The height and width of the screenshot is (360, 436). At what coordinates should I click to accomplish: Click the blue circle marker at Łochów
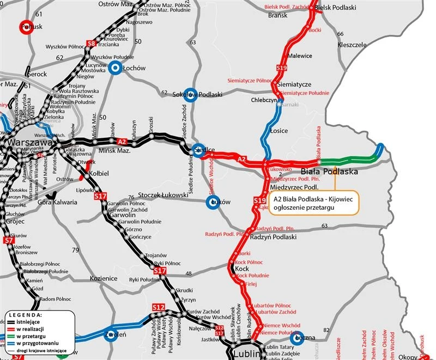tap(114, 68)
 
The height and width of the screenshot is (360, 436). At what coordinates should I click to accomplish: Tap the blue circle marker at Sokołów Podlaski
tap(189, 94)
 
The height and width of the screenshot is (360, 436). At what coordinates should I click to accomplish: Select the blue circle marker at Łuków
tap(213, 203)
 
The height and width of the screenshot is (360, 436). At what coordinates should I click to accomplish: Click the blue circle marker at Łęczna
tap(298, 338)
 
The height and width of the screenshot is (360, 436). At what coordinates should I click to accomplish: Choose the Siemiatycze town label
tap(294, 84)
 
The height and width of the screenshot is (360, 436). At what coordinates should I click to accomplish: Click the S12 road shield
tap(158, 308)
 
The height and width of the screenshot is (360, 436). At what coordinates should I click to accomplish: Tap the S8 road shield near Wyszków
tap(92, 43)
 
